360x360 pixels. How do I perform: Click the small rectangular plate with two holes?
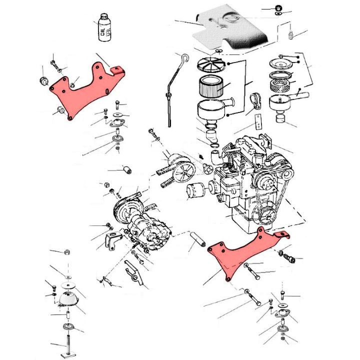coord(258,120)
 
